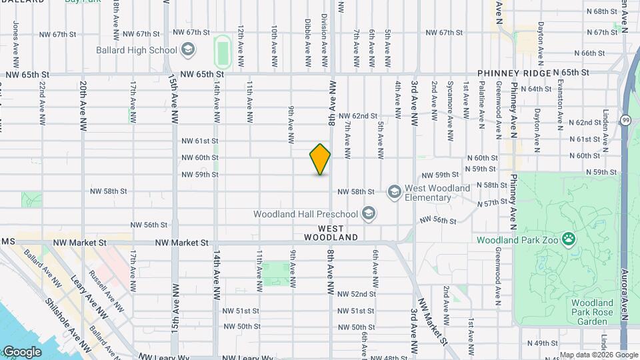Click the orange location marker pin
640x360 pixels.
click(320, 159)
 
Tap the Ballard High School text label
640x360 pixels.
click(136, 50)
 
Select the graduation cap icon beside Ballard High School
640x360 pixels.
click(188, 49)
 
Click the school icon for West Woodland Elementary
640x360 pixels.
click(395, 193)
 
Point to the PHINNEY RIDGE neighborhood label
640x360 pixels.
click(514, 73)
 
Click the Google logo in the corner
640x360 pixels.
click(21, 351)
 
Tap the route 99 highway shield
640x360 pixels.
click(626, 120)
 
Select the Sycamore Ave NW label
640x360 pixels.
click(450, 103)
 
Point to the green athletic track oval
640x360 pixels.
click(222, 51)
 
